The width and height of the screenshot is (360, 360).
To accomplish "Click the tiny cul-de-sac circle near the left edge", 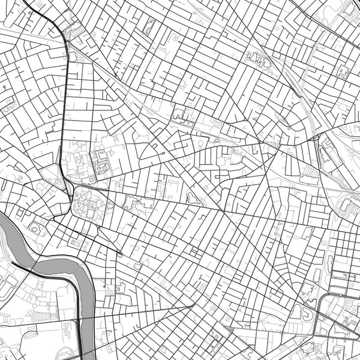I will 4,88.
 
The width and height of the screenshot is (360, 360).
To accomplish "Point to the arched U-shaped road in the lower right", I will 324,306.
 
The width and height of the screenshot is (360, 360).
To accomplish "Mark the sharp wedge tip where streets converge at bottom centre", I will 193,305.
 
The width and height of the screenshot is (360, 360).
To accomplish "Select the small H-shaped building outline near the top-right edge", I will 343,71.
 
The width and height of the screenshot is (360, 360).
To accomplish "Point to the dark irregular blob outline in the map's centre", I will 193,197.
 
